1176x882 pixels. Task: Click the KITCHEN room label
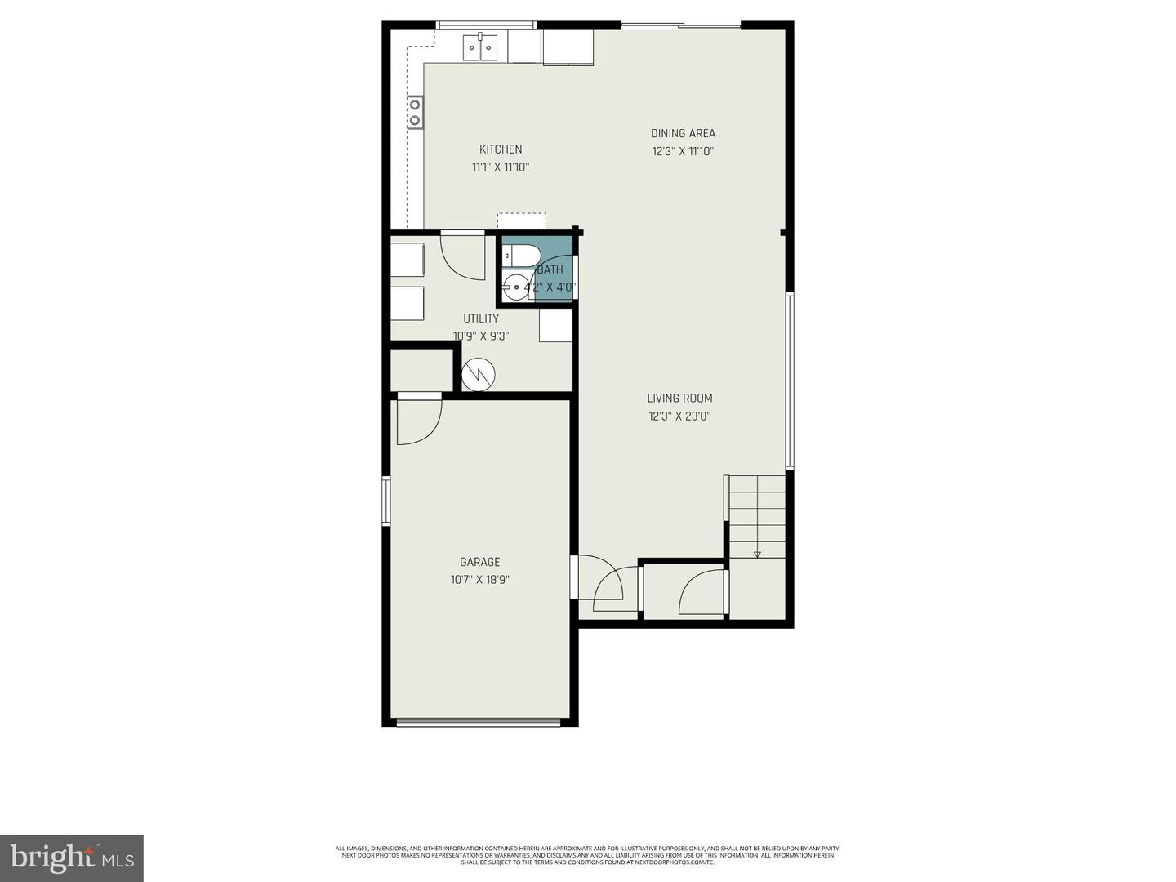[500, 149]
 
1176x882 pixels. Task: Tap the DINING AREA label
[683, 133]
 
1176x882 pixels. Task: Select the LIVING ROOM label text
[679, 399]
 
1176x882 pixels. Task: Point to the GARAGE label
[479, 562]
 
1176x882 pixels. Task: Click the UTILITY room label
[481, 318]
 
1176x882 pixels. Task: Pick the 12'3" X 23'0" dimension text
[679, 416]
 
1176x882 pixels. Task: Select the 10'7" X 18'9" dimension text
[479, 580]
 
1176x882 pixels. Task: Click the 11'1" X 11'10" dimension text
[500, 167]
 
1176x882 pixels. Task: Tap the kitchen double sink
[480, 48]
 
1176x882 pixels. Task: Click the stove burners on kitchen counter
[415, 113]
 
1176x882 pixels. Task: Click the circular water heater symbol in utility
[478, 375]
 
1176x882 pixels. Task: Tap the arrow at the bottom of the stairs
[757, 555]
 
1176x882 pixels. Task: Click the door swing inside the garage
[418, 421]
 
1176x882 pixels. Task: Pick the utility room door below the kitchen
[462, 256]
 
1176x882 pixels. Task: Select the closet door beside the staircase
[702, 592]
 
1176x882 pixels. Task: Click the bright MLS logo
[72, 857]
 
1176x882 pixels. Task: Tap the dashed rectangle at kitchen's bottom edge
[521, 222]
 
